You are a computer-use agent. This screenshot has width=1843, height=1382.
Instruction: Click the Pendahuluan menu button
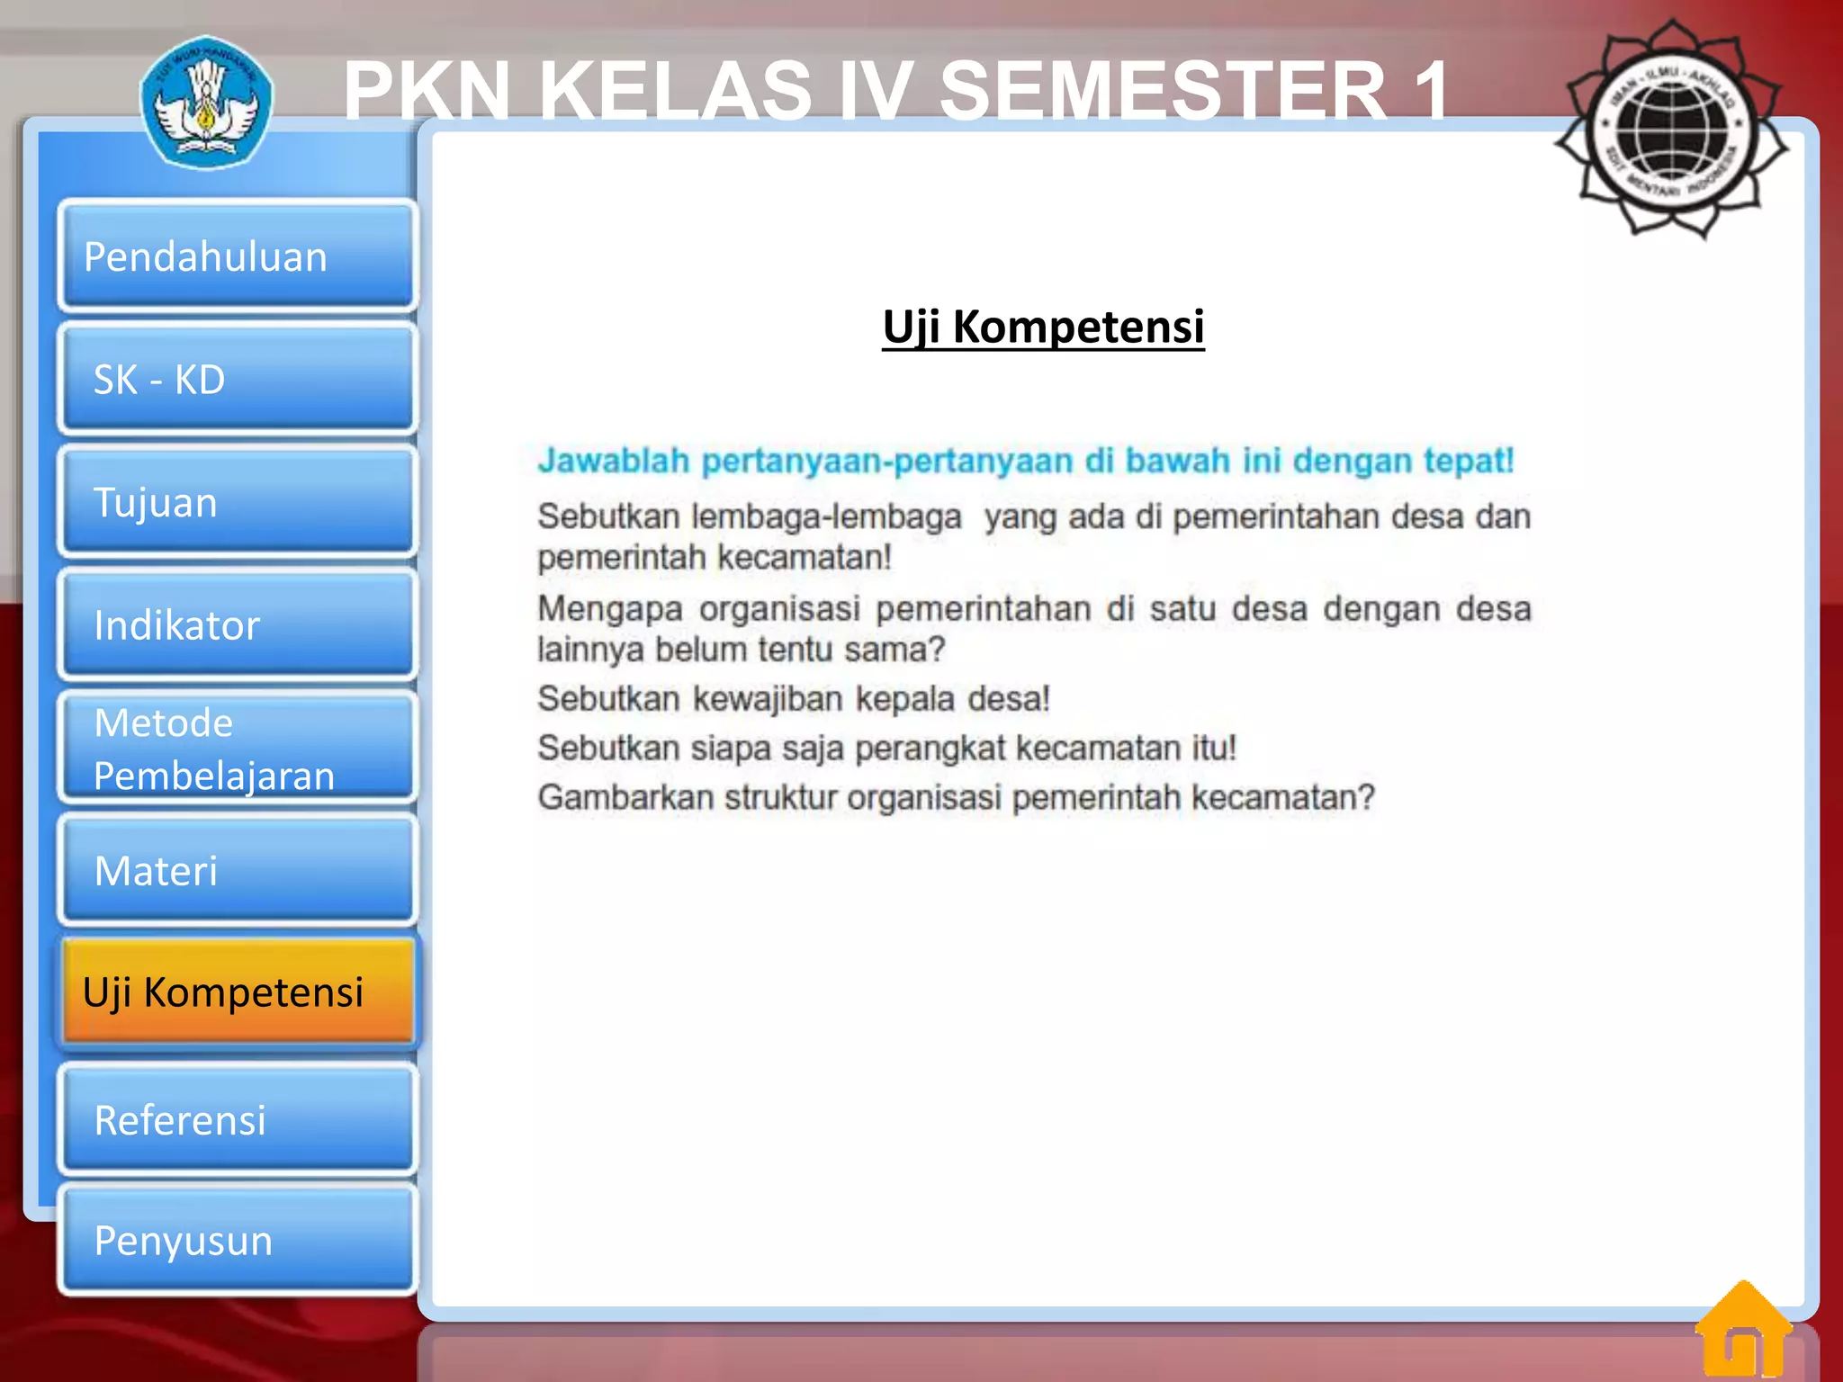(x=237, y=256)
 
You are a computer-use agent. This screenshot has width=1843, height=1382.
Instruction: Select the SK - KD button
(x=237, y=380)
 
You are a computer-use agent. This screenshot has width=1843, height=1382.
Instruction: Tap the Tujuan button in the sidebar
(x=237, y=502)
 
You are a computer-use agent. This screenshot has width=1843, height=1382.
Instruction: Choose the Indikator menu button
(x=237, y=624)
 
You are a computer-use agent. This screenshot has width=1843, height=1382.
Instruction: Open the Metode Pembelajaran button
(x=237, y=748)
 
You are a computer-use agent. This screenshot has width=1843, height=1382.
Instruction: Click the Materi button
(x=237, y=870)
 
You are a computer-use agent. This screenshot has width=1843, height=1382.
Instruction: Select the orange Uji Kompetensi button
(x=237, y=992)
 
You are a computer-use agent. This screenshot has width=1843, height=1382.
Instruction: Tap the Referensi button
(x=237, y=1119)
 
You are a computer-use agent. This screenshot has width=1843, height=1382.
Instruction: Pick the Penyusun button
(x=237, y=1241)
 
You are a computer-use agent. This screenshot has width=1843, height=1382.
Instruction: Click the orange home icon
(x=1743, y=1329)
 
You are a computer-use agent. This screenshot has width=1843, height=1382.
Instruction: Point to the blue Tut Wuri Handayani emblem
(x=206, y=102)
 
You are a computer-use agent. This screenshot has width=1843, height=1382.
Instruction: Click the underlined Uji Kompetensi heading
(x=1043, y=327)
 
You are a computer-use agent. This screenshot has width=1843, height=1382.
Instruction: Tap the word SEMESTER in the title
(x=1163, y=90)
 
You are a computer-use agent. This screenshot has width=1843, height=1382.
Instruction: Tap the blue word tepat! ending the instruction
(x=1469, y=461)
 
